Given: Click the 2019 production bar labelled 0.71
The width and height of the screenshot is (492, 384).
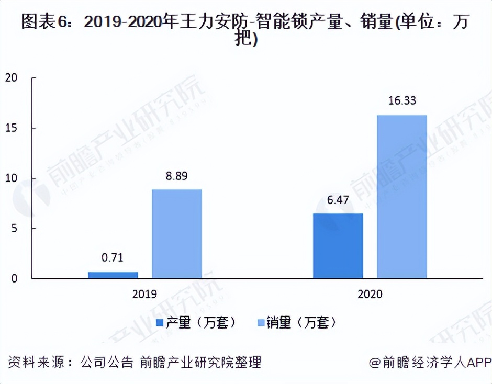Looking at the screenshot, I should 113,275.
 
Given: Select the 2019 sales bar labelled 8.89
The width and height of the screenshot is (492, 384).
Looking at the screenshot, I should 176,233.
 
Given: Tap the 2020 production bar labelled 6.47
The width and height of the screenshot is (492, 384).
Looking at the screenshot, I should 338,245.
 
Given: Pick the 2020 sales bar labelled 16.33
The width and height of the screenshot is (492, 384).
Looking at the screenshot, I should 401,197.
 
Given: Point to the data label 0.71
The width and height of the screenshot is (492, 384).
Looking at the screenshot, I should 113,258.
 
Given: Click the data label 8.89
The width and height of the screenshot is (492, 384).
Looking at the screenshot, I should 177,176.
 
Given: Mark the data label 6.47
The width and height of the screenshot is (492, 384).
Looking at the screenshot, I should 338,200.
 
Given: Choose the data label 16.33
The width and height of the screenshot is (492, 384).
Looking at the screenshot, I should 402,101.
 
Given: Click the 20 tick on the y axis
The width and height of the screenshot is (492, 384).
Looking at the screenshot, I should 11,78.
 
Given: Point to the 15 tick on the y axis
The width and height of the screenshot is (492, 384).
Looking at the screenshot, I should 11,128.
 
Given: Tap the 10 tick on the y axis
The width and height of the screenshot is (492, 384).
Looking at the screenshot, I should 11,178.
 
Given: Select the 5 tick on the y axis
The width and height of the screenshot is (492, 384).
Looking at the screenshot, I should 14,229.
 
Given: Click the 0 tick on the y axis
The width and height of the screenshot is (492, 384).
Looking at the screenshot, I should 14,279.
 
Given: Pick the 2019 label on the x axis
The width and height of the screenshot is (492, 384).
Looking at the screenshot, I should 144,295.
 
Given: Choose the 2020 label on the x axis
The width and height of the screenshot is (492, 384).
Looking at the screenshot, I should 370,295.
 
